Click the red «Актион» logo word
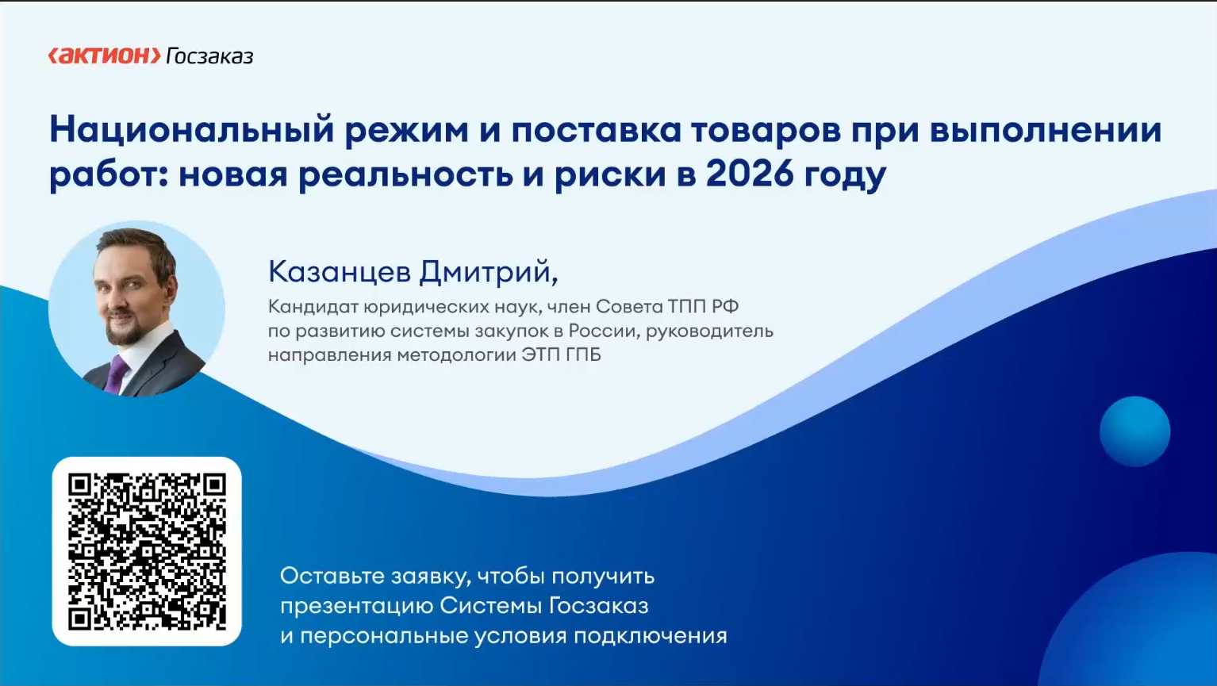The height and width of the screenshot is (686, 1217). (104, 56)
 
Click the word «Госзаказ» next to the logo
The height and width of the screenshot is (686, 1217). (209, 56)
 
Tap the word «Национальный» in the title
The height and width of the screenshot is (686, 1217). (192, 130)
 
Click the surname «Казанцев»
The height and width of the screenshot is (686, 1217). (340, 271)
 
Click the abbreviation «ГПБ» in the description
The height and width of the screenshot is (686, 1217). (583, 354)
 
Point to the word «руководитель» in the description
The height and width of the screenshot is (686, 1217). (709, 332)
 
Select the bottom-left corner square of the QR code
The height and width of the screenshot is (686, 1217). (80, 619)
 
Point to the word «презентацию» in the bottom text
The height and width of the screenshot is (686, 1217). (356, 607)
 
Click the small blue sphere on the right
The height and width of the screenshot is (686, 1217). (1134, 431)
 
